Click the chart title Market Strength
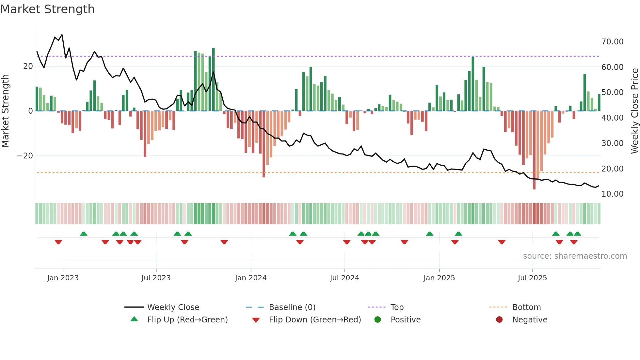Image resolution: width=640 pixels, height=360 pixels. tap(47, 9)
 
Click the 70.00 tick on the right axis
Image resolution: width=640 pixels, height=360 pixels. tap(612, 42)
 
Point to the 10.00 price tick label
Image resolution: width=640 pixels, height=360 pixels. tap(612, 194)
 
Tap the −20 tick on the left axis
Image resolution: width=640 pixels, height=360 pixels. tap(25, 156)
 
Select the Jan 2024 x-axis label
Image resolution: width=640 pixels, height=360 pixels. tap(250, 278)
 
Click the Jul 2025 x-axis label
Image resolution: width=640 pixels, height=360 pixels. tap(532, 278)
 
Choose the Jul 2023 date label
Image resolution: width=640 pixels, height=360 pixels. tap(156, 278)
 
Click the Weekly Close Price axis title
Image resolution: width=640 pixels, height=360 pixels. tap(634, 111)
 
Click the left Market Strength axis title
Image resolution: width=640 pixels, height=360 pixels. tap(6, 111)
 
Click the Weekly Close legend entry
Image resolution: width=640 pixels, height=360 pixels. tap(173, 307)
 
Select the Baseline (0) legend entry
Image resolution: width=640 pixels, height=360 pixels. tap(292, 307)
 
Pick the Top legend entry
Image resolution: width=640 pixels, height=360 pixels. tap(397, 307)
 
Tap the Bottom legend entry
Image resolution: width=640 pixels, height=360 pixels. tap(526, 307)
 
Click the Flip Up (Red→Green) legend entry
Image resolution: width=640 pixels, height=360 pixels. tap(187, 320)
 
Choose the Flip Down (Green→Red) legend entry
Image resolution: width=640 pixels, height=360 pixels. tap(315, 320)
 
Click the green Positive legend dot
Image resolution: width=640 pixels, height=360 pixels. tap(377, 320)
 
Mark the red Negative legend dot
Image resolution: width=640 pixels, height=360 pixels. tap(499, 320)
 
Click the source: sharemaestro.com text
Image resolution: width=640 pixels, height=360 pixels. tap(575, 256)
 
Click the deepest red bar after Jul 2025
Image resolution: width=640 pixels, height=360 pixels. tap(534, 150)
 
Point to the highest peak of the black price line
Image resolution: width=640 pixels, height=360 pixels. tap(62, 35)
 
